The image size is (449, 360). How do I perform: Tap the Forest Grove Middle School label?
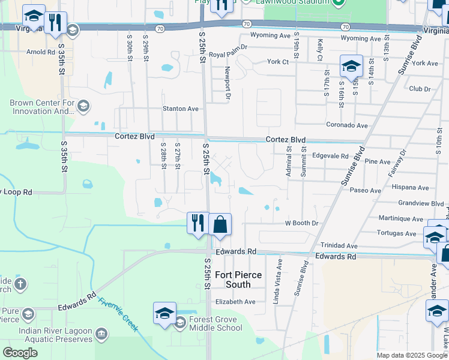click(215, 323)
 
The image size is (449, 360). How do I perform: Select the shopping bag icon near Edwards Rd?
click(220, 224)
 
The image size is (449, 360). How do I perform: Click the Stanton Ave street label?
click(181, 109)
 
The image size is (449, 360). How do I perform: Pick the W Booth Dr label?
click(301, 223)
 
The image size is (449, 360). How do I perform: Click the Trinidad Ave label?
click(339, 246)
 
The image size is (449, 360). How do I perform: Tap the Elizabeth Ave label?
click(235, 301)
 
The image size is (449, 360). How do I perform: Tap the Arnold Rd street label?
click(41, 52)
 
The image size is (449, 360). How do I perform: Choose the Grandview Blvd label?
click(421, 203)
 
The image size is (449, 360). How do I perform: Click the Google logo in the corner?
click(20, 353)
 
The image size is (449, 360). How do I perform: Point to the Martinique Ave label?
click(402, 218)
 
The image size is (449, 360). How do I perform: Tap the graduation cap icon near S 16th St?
click(351, 66)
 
